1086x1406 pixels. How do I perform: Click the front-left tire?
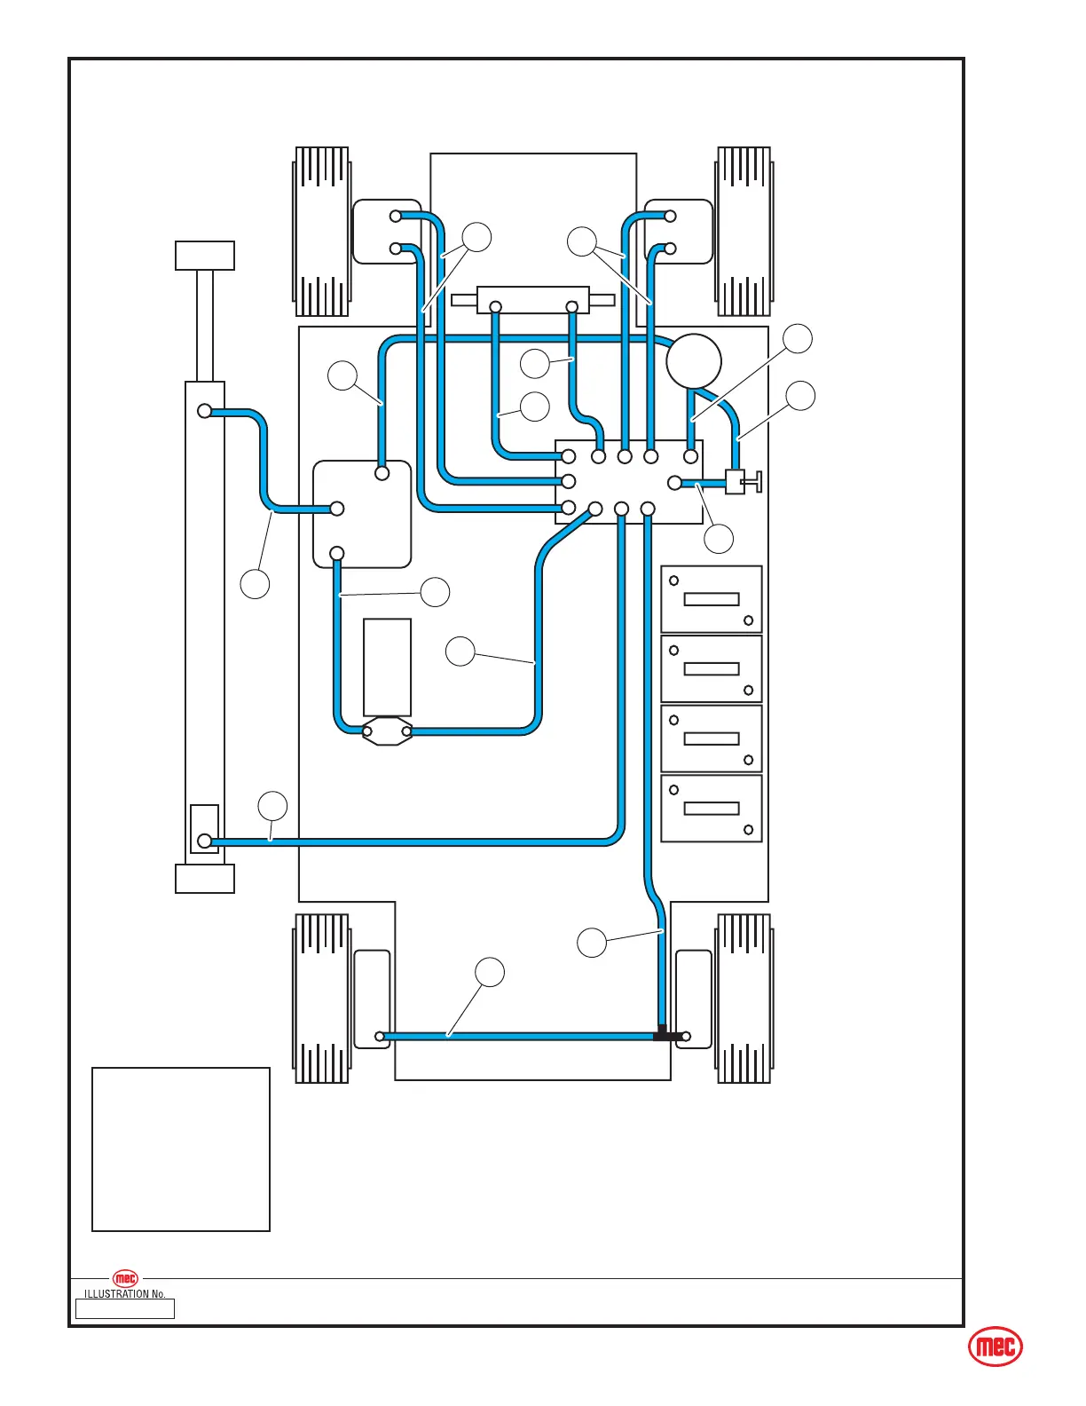[x=321, y=232]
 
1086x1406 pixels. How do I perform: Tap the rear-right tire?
[x=744, y=999]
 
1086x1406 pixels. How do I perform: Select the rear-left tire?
[x=321, y=999]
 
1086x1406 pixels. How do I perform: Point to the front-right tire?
[x=744, y=232]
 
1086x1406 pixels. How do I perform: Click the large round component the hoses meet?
[x=694, y=361]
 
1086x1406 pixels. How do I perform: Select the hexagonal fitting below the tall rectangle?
[x=387, y=731]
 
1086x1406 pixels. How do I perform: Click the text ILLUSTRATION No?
[x=125, y=1294]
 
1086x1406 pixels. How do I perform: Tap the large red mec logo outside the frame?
[x=995, y=1347]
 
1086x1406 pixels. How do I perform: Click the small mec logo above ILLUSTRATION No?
[x=126, y=1279]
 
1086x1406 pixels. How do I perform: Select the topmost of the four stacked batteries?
[x=712, y=599]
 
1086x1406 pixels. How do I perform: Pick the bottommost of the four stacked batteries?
[x=712, y=809]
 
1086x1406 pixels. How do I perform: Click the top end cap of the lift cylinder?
[x=205, y=256]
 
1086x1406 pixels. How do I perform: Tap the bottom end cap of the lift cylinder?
[x=205, y=879]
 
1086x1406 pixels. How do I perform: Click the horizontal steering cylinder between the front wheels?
[x=532, y=300]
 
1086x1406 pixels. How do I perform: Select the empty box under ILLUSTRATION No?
[x=125, y=1309]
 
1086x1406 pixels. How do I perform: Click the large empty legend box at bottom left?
[x=181, y=1149]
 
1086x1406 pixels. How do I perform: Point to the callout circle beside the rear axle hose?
[x=490, y=973]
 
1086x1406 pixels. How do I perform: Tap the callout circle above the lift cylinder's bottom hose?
[x=272, y=807]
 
